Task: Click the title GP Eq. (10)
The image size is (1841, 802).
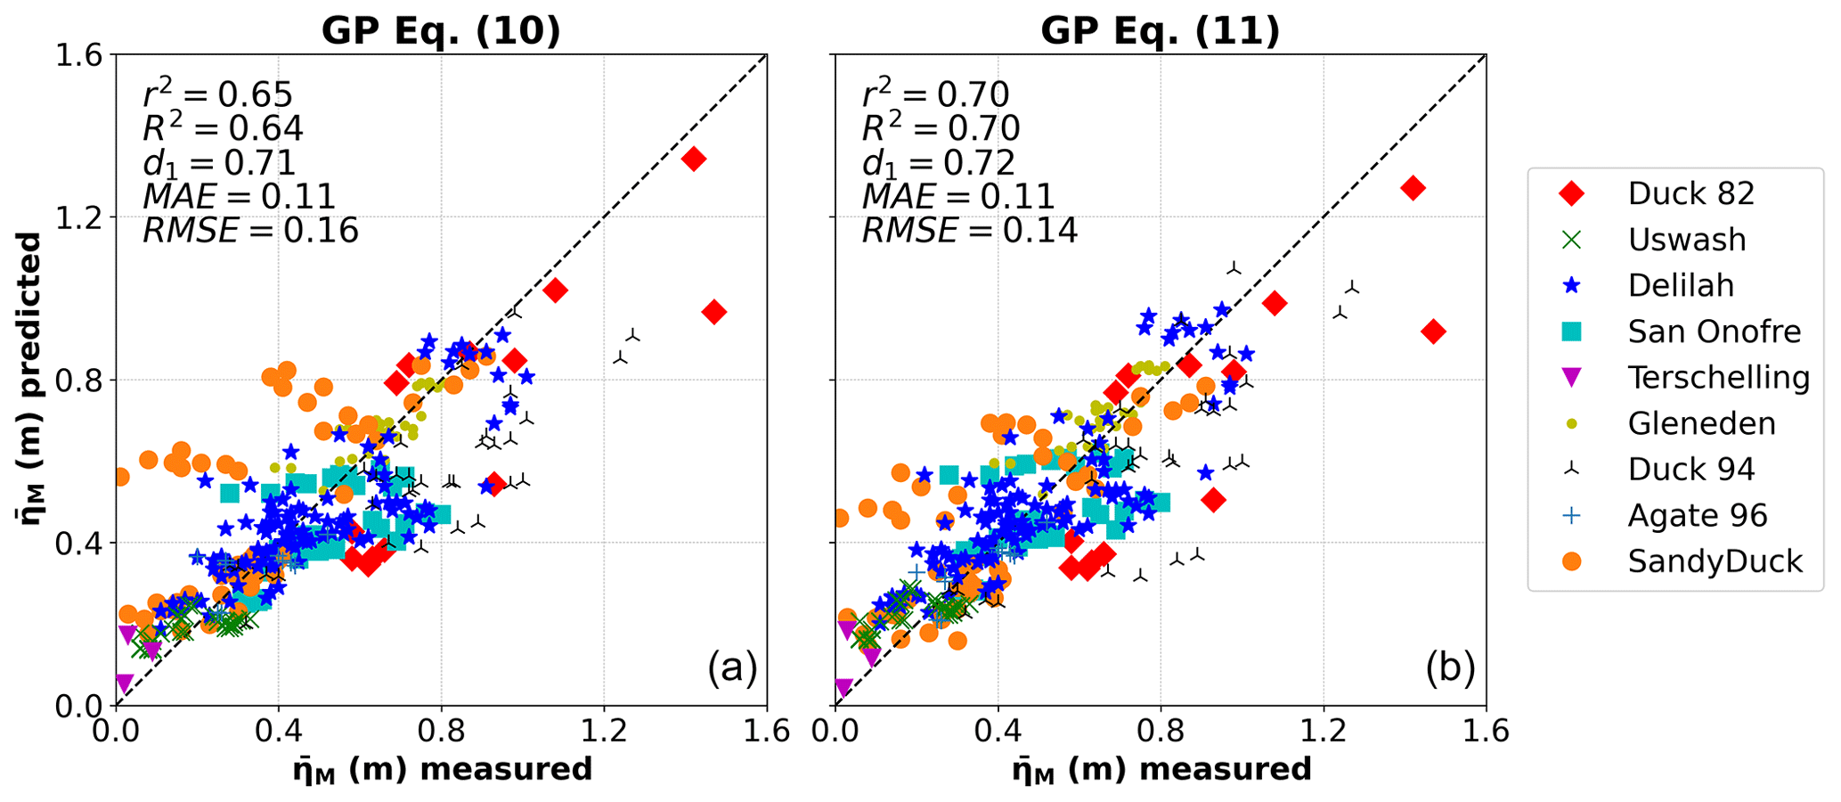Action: click(x=441, y=31)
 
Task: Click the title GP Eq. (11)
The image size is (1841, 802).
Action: click(x=1160, y=31)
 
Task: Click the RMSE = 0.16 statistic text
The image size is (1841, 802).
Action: click(x=250, y=231)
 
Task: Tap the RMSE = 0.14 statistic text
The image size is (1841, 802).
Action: click(x=969, y=231)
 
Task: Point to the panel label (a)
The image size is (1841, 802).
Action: click(x=732, y=667)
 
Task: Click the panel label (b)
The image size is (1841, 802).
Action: click(x=1450, y=667)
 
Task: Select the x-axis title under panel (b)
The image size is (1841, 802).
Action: click(x=1161, y=769)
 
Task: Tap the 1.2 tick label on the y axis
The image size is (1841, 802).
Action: click(x=77, y=217)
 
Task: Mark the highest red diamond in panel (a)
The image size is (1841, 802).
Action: click(x=694, y=160)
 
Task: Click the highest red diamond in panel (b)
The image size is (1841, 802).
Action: click(x=1412, y=188)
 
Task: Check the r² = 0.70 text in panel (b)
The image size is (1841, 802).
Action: click(x=935, y=94)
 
